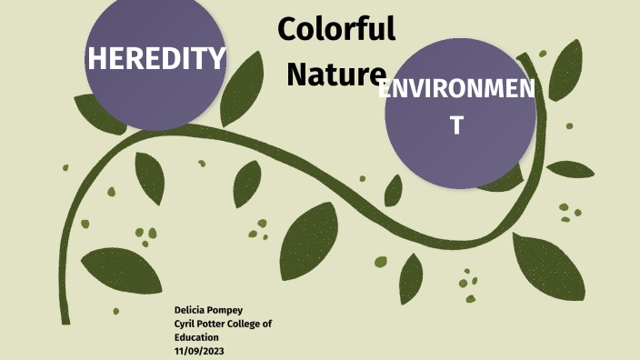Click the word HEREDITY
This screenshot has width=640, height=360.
coord(155,58)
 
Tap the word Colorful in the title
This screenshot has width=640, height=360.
coord(336,29)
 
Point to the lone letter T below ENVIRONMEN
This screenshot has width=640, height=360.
coord(457,126)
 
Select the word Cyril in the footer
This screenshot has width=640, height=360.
coord(186,324)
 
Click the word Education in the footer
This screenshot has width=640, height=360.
coord(199,336)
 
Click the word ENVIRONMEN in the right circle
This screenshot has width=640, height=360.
coord(457,90)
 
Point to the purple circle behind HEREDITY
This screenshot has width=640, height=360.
coord(155,105)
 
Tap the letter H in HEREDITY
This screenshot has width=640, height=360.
coord(95,58)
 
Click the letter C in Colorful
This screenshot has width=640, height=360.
coord(288,29)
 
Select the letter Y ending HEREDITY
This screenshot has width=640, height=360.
coord(217,58)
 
